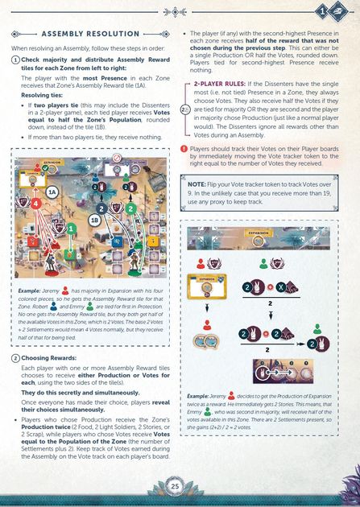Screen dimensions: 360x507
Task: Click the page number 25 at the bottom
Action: coord(175,485)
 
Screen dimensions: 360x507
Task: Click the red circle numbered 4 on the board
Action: coord(35,204)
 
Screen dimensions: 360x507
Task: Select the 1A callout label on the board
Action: coord(52,192)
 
